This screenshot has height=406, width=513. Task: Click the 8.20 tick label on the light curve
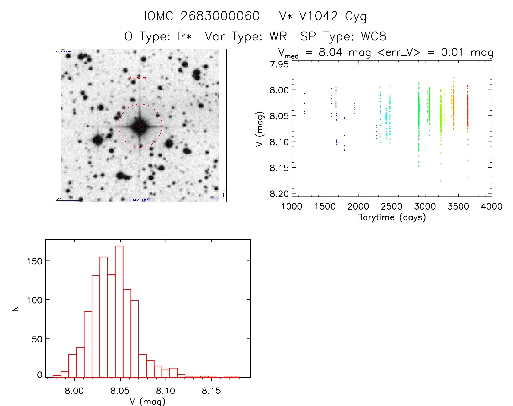click(279, 194)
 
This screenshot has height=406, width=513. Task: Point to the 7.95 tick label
click(279, 64)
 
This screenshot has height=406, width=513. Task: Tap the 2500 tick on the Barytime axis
click(392, 207)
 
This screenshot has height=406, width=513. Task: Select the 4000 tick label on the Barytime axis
click(492, 207)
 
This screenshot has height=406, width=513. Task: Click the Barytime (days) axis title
click(391, 217)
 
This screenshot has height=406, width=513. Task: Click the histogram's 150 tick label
click(34, 261)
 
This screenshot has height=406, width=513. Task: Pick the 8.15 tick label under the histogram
click(211, 391)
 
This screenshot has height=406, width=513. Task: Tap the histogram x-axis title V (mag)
click(147, 401)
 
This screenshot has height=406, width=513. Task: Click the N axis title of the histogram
click(16, 308)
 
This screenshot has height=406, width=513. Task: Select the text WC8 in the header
click(374, 36)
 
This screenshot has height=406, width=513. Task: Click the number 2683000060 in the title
click(220, 16)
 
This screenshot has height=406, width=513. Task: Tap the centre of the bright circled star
click(140, 126)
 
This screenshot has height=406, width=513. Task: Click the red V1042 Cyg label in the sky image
click(137, 78)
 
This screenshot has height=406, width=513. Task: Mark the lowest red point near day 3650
click(468, 177)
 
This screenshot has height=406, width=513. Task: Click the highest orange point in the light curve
click(454, 78)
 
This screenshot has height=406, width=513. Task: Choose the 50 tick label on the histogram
click(37, 339)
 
